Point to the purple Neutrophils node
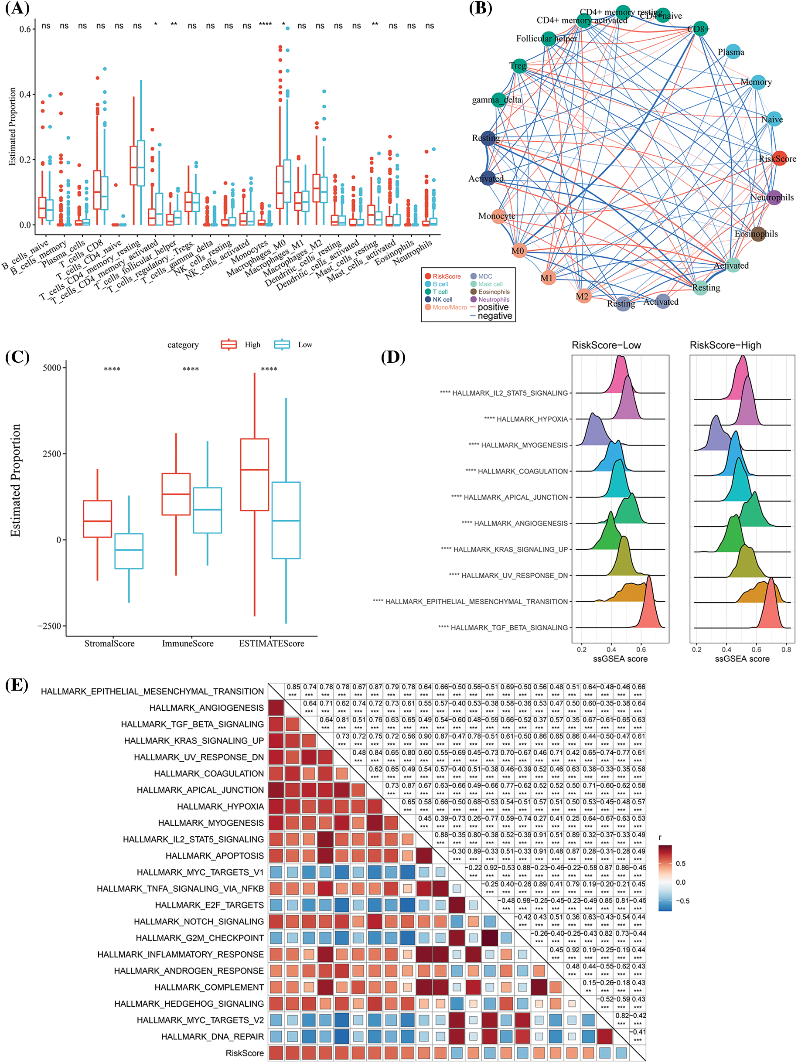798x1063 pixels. (774, 197)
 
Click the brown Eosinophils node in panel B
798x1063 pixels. (758, 234)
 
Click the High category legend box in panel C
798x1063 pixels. (229, 344)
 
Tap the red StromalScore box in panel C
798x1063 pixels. (98, 518)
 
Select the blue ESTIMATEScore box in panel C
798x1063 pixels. (286, 520)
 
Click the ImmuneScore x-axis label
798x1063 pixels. (188, 644)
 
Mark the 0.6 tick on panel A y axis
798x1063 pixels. (25, 29)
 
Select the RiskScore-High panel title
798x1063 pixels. (725, 345)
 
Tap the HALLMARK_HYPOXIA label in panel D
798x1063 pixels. (532, 419)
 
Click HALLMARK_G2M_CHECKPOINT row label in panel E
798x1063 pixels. (200, 937)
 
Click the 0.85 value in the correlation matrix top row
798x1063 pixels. (293, 687)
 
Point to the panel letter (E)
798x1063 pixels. (17, 684)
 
